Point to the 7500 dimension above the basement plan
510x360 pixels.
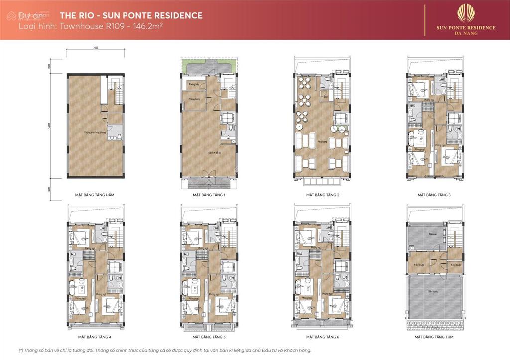[95, 48]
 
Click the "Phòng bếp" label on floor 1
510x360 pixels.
[193, 85]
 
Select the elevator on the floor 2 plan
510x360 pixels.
[341, 118]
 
